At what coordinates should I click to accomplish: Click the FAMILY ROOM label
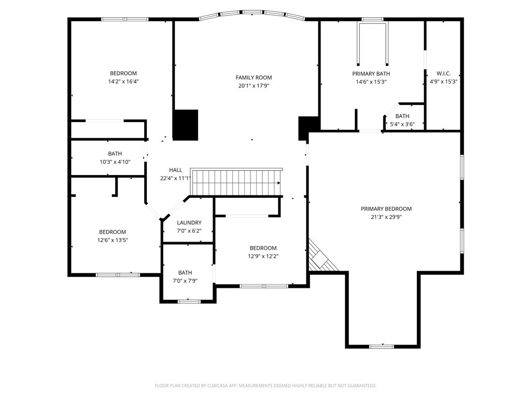point(254,77)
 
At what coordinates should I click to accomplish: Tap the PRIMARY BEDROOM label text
point(386,209)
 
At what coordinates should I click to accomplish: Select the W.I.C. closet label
point(443,73)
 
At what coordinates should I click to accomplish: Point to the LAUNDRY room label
point(189,222)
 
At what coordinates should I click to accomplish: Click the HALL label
point(175,170)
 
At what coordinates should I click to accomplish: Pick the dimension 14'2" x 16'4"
point(123,82)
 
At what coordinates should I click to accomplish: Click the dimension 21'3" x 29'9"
point(386,217)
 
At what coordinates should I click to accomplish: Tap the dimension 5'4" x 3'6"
point(402,124)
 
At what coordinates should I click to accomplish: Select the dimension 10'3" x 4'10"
point(115,162)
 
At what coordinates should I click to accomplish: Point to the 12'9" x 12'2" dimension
point(263,256)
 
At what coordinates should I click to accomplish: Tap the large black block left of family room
point(185,125)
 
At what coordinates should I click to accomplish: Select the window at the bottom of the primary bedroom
point(381,347)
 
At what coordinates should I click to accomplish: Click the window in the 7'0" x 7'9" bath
point(189,301)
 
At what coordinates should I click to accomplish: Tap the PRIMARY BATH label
point(371,74)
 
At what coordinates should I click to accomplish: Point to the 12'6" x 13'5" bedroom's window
point(118,275)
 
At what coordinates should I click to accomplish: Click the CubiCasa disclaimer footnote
point(265,386)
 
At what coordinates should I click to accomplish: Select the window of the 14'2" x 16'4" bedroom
point(124,19)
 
